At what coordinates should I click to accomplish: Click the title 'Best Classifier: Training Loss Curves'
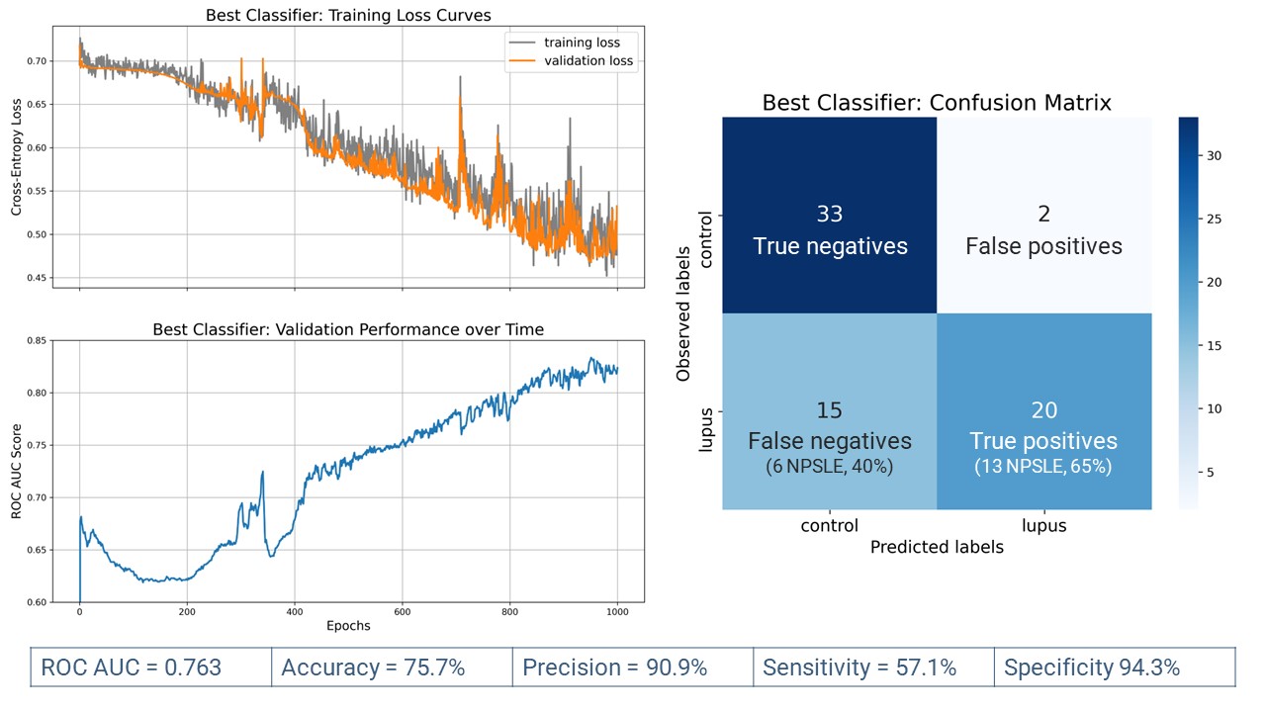[348, 16]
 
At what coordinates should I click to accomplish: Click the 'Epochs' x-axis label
[348, 625]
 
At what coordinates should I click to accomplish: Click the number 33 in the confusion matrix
[830, 215]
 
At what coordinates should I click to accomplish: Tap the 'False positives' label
[1043, 246]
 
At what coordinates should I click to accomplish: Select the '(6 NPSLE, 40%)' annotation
[830, 466]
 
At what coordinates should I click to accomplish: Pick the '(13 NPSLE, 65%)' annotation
[1043, 466]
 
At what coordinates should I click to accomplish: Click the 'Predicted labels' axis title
[937, 547]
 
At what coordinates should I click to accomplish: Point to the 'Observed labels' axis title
[683, 313]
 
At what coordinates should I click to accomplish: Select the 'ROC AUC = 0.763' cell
[132, 667]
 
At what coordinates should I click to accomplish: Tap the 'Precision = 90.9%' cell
[614, 667]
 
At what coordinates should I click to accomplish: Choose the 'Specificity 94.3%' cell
[1092, 667]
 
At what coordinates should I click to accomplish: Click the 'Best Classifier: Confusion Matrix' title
[937, 103]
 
